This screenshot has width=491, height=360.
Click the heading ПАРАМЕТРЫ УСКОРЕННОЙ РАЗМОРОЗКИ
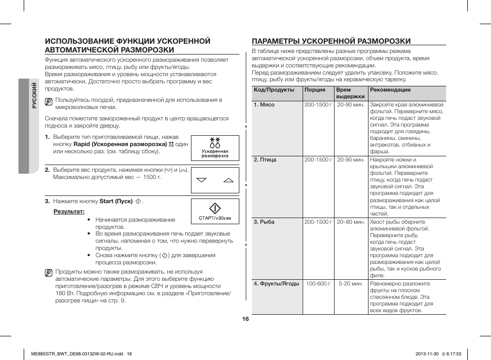[331, 41]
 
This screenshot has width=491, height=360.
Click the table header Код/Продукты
[274, 90]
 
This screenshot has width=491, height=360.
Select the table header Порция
[314, 90]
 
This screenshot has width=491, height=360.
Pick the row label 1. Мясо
[264, 105]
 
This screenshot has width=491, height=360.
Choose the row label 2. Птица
[265, 160]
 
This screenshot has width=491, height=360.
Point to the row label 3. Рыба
[264, 222]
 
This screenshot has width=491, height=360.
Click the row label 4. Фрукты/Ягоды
[276, 284]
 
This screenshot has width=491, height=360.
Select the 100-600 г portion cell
[318, 284]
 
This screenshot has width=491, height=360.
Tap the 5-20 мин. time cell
[350, 284]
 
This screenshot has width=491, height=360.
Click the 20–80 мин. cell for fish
[350, 222]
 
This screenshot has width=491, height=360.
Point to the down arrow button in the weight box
[201, 181]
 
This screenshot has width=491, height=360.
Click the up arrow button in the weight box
[229, 181]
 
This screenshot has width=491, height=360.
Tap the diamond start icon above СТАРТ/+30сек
[215, 208]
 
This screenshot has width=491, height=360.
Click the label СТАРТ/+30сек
[215, 218]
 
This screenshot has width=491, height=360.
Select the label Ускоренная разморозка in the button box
[215, 153]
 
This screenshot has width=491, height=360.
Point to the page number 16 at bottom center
[246, 319]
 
